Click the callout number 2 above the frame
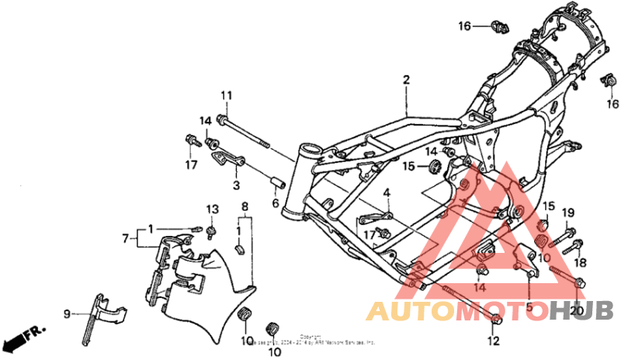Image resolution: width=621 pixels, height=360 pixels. point(405,80)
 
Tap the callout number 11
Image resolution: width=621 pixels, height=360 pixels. point(226,95)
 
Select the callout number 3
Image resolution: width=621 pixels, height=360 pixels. point(236,185)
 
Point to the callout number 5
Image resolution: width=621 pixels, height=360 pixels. point(529,307)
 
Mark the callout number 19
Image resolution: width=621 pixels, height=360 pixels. point(567,213)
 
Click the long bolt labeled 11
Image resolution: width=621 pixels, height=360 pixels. point(244,133)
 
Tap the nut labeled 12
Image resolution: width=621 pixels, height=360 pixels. point(498,320)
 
